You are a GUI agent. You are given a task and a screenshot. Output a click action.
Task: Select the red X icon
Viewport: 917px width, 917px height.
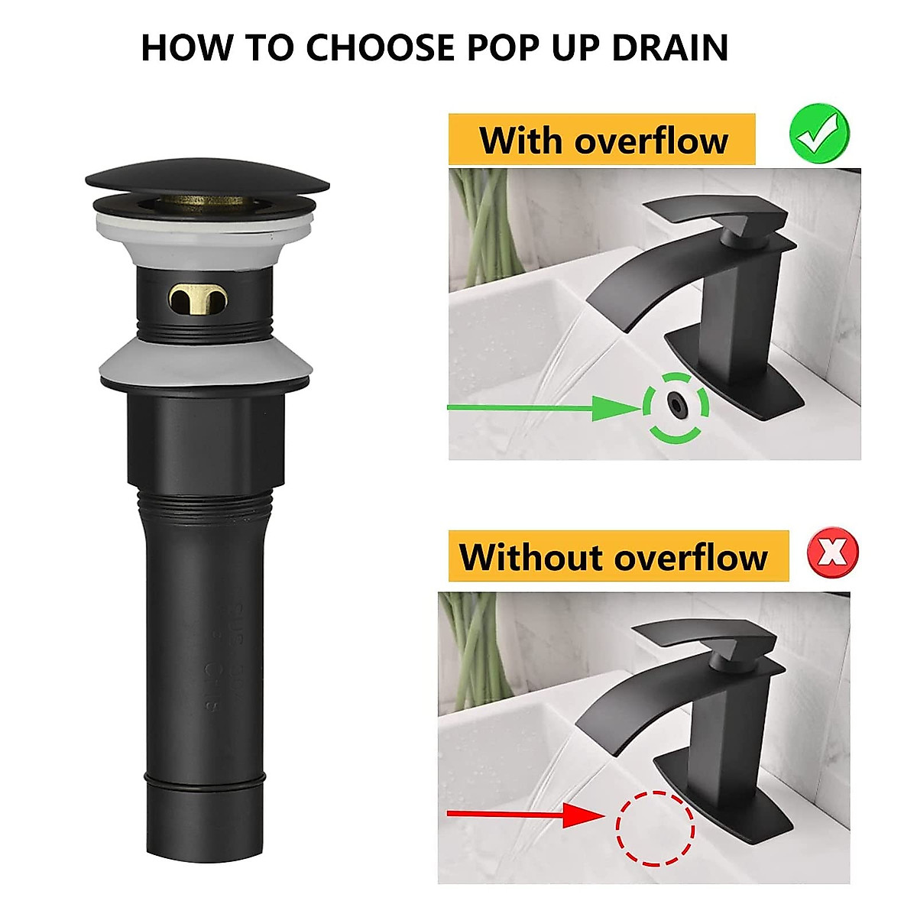coord(832,552)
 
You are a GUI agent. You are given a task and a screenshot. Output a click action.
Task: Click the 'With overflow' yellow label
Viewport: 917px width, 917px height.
coord(602,141)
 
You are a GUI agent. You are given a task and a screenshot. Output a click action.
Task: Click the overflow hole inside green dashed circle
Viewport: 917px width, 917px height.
coord(676,404)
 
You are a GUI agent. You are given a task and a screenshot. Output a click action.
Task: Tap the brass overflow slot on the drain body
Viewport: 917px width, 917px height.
coord(199,300)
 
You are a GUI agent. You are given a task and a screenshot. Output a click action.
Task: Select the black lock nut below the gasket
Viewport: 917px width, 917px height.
coord(205,436)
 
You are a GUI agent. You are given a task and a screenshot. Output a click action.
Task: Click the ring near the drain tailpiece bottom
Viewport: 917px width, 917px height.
coord(205,780)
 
